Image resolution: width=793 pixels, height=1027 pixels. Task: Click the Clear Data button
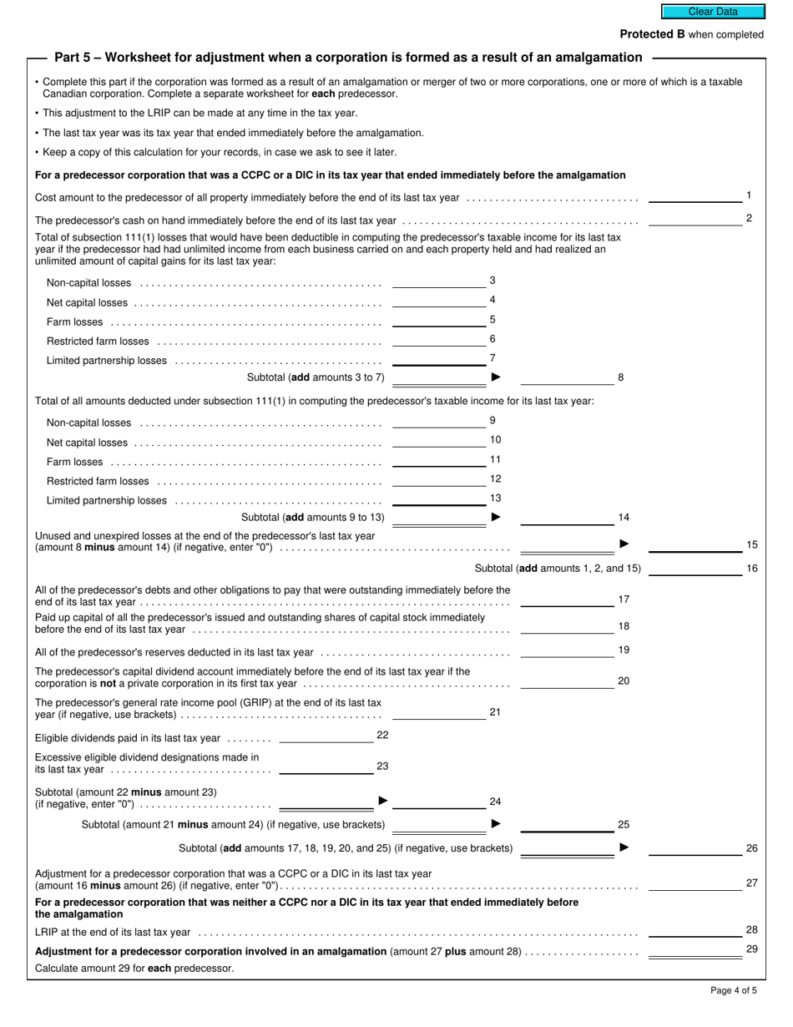coord(713,12)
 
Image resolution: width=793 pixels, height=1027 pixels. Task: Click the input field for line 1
coord(695,196)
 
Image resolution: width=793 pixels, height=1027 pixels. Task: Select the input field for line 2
coord(695,220)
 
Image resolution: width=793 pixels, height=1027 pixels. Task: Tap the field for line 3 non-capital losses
coord(438,281)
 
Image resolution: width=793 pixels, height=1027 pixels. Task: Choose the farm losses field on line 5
coord(438,320)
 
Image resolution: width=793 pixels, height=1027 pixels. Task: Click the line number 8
coord(620,377)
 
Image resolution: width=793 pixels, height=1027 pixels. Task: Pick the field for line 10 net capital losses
coord(438,441)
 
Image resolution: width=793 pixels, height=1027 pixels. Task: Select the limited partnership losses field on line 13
coord(438,499)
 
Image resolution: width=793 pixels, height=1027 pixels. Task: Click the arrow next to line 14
coord(496,517)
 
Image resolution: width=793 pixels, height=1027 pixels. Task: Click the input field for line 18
coord(567,627)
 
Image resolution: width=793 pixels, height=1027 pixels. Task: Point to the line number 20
coord(624,681)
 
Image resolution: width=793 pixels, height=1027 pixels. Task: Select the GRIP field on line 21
coord(438,713)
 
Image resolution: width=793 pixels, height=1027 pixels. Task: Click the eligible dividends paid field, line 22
coord(326,736)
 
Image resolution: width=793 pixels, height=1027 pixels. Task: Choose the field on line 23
coord(326,767)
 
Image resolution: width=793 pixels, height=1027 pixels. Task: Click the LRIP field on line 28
coord(695,931)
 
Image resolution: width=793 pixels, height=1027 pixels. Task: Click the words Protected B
coord(646,34)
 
